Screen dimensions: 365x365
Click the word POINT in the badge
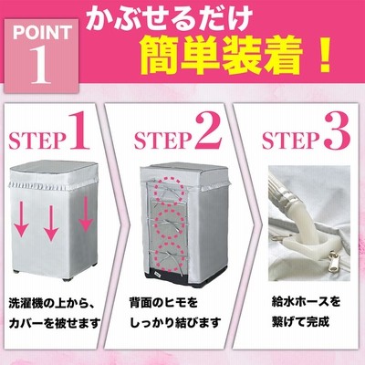coord(42,33)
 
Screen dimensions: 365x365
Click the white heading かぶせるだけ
coord(169,18)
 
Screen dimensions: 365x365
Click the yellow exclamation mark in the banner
coord(323,56)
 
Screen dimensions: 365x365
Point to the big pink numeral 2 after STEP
coord(209,131)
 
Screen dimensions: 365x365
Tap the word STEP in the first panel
coord(37,141)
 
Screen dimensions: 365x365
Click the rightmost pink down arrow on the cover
coord(86,214)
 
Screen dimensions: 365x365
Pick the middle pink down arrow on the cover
coord(51,223)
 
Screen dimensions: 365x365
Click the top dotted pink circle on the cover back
coord(170,191)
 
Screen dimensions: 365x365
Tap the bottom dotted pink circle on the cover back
coord(170,256)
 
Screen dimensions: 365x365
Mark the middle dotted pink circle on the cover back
coord(170,224)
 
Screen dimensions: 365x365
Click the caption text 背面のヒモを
coord(163,303)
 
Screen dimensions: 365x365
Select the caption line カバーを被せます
coord(55,323)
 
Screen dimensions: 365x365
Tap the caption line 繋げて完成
coord(300,321)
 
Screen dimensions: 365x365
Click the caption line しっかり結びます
coord(175,323)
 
